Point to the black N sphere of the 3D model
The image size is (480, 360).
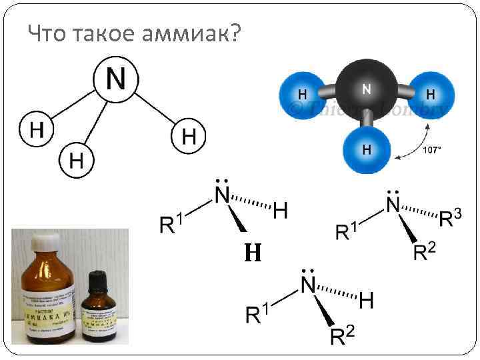(x=366, y=89)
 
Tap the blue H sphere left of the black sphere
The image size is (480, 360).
(x=303, y=93)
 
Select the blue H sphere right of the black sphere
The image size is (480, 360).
(x=430, y=93)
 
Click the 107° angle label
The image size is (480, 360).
(x=432, y=150)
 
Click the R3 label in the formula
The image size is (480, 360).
(x=451, y=217)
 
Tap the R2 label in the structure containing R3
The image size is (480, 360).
(x=425, y=251)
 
